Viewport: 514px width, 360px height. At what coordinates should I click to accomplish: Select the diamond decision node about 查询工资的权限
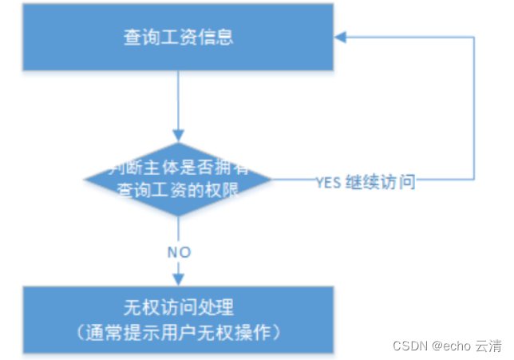point(178,179)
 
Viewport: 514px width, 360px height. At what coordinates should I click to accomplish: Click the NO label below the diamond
point(179,252)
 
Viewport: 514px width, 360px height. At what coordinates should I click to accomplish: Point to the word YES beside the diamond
point(328,182)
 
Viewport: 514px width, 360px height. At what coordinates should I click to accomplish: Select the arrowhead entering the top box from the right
point(339,37)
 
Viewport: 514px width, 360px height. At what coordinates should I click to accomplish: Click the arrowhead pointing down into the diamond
point(178,136)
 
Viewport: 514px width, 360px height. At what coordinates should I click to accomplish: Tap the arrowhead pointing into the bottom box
point(178,280)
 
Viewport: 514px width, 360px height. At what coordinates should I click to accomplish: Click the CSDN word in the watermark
point(411,346)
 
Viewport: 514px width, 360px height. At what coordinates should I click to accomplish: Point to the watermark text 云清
point(488,346)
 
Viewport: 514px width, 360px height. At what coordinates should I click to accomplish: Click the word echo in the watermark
point(457,346)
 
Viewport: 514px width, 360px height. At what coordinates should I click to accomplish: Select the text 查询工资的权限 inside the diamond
point(178,190)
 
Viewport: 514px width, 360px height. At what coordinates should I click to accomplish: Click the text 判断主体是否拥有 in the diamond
point(178,168)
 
